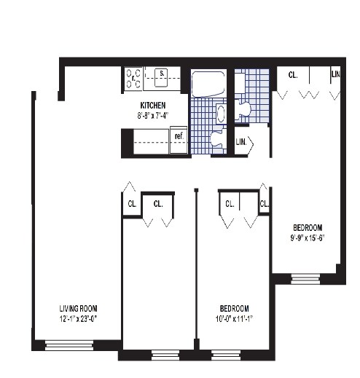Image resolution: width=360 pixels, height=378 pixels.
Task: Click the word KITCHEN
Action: [x=153, y=105]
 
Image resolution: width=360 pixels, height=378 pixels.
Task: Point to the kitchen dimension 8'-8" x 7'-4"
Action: [x=153, y=115]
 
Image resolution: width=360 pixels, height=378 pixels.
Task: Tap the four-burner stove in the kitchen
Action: [x=133, y=78]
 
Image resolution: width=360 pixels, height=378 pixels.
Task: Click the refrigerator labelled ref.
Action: [x=177, y=135]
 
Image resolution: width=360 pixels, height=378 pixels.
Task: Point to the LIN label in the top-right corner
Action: [x=336, y=75]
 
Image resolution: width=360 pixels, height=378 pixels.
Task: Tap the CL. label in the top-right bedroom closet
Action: [x=292, y=75]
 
